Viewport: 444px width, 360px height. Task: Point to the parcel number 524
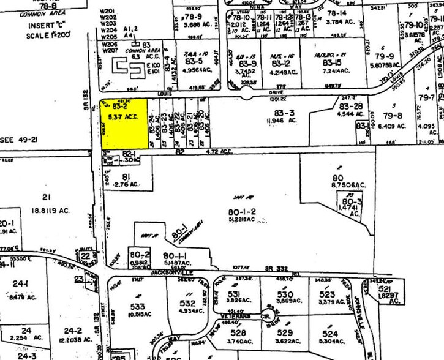click(x=330, y=334)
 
